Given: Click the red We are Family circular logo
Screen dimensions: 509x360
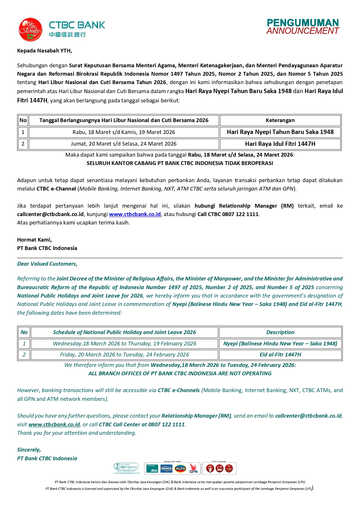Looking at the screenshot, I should tap(30, 30).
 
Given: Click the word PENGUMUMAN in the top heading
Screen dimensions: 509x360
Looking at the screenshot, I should tap(303, 23).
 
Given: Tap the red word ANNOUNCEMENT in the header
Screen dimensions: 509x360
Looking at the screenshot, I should tap(303, 31).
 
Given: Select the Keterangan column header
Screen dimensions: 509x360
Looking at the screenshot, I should tap(280, 120).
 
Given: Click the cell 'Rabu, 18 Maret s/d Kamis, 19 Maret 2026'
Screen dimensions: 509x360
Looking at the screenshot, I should tap(124, 132).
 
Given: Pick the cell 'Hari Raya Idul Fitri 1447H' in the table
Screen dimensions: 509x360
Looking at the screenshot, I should tap(280, 144).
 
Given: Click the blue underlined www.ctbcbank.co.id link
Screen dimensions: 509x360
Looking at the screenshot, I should tap(135, 214).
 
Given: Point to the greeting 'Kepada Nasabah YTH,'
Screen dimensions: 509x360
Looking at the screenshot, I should tap(44, 51).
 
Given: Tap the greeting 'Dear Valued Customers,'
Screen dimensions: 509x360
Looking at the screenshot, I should tap(47, 264).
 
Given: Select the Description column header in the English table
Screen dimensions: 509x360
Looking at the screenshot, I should tap(280, 332).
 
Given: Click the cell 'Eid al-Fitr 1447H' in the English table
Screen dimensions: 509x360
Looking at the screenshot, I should tap(280, 355).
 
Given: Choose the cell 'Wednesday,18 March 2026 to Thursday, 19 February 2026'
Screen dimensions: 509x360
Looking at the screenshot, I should tap(124, 344).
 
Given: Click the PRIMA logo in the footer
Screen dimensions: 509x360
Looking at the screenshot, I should tap(167, 468).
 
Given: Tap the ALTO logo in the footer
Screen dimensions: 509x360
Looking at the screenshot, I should tap(180, 468).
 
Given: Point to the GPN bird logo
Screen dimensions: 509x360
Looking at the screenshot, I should tap(193, 468).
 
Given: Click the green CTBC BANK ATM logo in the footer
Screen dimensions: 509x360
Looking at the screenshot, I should tap(152, 468).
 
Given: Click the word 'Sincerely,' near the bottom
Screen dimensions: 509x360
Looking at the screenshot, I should tap(29, 450).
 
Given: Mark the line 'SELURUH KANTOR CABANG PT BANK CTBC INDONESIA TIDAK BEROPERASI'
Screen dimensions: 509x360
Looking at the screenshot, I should tap(180, 163).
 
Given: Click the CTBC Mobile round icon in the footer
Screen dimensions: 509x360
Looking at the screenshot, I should tap(229, 468).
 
